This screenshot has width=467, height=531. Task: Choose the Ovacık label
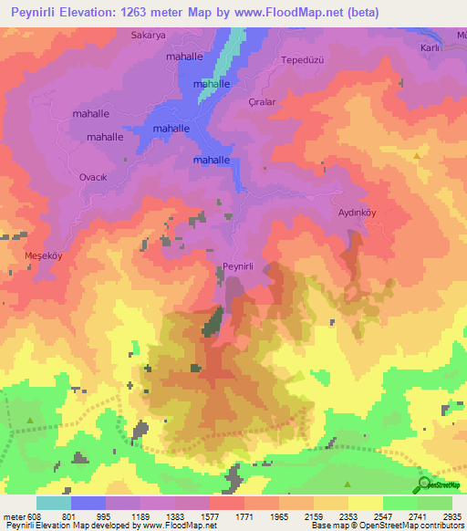coord(95,177)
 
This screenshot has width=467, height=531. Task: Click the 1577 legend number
coord(209,515)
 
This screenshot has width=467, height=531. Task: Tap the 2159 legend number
coord(314,515)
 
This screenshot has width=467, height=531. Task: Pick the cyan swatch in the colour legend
coord(53,503)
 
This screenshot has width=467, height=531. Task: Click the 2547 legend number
coord(383,515)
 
